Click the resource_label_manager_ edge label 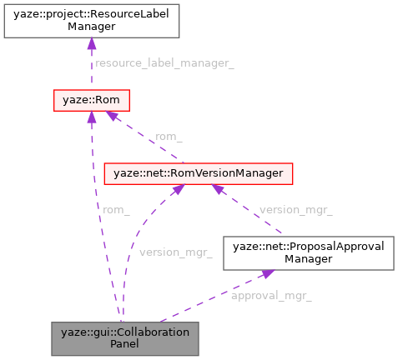(164, 63)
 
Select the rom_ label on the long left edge (115, 209)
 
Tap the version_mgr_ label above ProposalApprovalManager (296, 209)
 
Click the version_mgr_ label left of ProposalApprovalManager (176, 252)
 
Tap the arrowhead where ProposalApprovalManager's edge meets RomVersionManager (219, 189)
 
